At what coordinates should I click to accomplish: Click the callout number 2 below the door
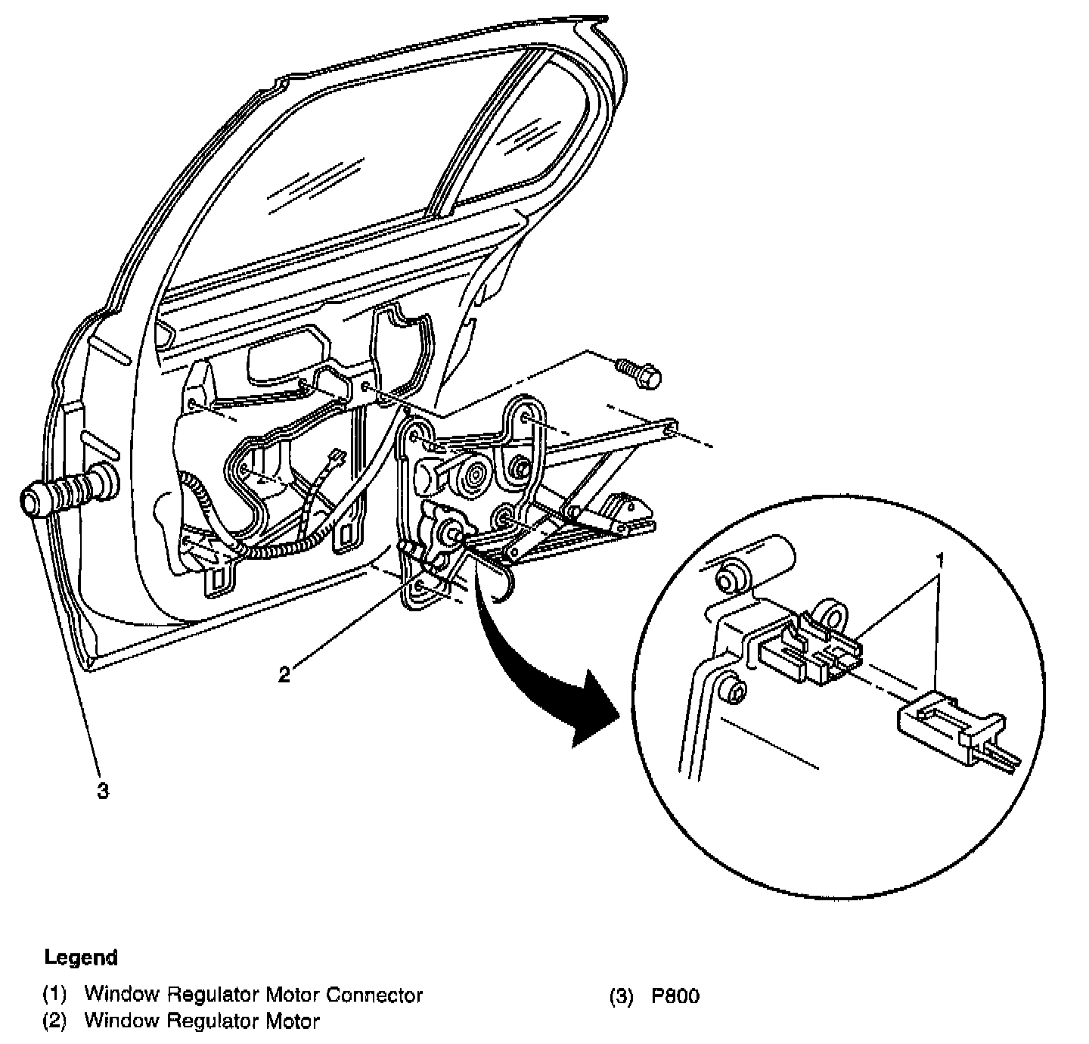284,674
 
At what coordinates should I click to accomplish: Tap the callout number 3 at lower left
102,791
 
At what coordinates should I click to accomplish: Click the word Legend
81,958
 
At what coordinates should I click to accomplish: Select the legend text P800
675,996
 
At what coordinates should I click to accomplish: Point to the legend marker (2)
54,1021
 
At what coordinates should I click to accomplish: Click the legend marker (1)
54,995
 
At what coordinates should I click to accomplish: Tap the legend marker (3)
620,996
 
